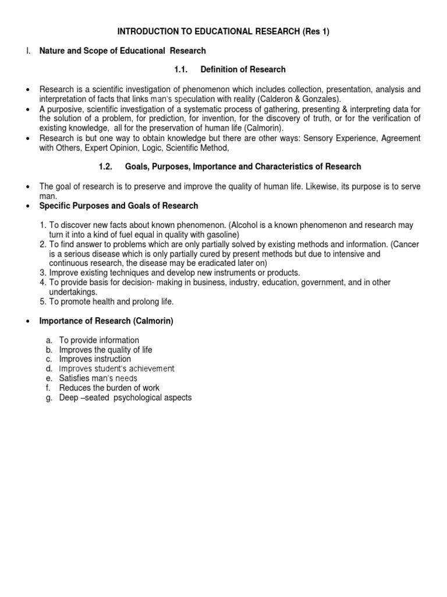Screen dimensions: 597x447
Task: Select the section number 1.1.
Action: point(183,69)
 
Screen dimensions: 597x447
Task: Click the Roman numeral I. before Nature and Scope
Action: point(27,51)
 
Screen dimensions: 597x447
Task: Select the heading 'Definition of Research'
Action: point(243,69)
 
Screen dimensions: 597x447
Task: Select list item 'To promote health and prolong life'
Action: point(111,301)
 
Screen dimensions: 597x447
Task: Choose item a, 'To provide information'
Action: point(99,340)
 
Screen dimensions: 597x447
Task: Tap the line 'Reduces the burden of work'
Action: point(109,388)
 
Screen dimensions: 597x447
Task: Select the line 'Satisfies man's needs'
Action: point(98,378)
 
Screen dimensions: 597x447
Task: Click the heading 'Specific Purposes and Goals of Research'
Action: point(118,206)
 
